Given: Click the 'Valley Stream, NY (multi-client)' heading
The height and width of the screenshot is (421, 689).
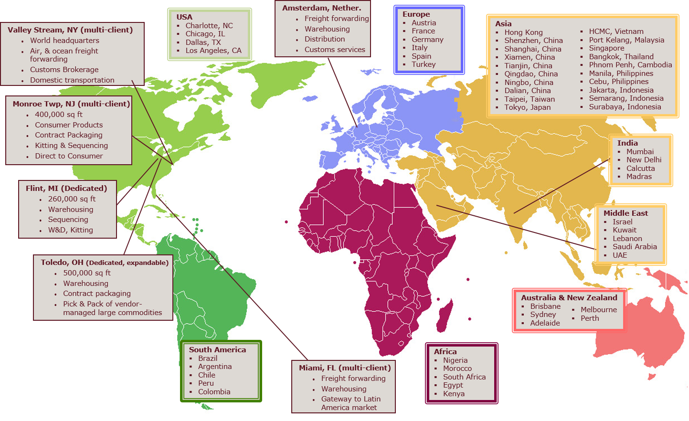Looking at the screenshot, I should pos(70,30).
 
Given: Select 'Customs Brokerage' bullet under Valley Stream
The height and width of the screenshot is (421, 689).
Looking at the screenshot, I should pos(64,70).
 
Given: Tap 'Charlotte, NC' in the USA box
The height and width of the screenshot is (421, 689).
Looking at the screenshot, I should pos(209,26).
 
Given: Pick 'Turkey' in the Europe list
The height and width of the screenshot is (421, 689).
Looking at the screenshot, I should pos(424,64).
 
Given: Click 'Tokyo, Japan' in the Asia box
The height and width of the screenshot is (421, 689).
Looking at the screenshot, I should pos(527,107).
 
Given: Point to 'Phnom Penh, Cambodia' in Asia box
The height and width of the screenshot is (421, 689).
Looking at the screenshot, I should pos(630,65).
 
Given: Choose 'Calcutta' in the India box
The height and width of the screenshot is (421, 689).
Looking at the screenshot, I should pos(640,168).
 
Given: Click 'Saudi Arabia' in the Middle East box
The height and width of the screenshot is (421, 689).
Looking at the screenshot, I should pos(635,247).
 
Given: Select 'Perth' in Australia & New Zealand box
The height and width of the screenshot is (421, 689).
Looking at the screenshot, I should pos(590,318).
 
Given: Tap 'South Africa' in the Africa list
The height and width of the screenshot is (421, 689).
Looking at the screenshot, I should pos(464,377).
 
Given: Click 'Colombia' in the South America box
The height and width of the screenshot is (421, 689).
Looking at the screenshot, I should pos(214,392).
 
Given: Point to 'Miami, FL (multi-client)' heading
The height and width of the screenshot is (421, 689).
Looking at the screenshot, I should pos(345,368).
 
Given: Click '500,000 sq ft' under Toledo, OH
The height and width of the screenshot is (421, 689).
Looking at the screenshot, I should pos(87,273).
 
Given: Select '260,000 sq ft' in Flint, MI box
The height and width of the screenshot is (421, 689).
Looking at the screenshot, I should pos(72,199).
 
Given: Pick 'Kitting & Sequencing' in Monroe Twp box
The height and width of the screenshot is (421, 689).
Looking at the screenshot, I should pos(71,146).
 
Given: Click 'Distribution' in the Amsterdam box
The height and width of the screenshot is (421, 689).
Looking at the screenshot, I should pos(325,39).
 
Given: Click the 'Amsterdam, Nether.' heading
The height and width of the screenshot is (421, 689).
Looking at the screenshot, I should pos(321,8).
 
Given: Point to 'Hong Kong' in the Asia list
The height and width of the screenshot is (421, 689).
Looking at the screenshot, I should pos(523,32).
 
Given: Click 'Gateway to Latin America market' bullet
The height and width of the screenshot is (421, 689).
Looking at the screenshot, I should pos(350,403).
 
